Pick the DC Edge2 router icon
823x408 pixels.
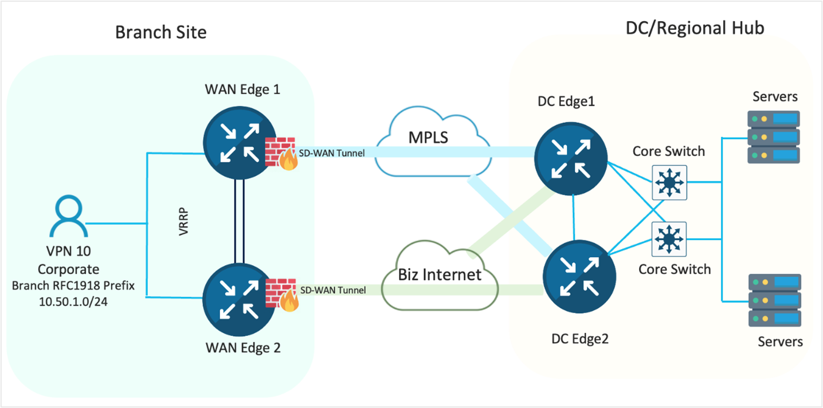(x=579, y=276)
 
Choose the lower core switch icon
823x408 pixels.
(x=669, y=239)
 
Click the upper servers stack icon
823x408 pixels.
(x=774, y=137)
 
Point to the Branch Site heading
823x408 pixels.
(x=160, y=32)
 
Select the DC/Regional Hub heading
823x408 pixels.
(x=695, y=28)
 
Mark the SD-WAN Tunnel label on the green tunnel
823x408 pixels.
(x=332, y=290)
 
